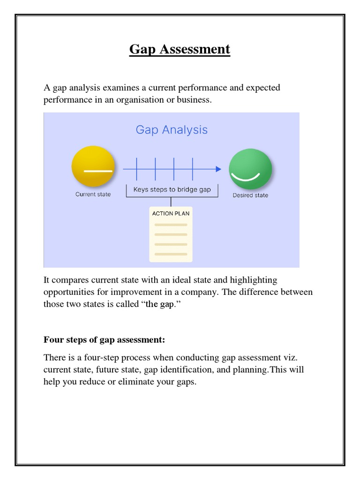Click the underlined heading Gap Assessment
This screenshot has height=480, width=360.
pos(180,49)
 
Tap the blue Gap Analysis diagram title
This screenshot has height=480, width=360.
pos(172,129)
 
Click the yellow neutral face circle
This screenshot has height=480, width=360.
pos(93,168)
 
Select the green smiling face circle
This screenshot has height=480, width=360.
pos(250,169)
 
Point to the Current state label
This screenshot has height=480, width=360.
pos(93,194)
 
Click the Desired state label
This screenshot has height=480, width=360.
pos(250,195)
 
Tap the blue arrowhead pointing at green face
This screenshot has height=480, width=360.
pos(218,169)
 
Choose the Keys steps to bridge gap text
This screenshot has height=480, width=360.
pos(172,189)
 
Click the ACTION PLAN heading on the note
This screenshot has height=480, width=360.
pos(171,213)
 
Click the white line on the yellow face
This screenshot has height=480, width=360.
pos(98,171)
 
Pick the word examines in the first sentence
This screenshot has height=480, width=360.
pos(123,88)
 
